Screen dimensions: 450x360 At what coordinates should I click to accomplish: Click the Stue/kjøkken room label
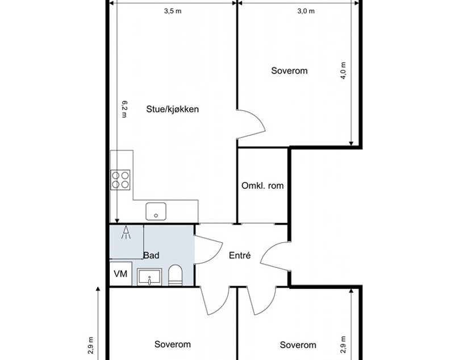pos(173,109)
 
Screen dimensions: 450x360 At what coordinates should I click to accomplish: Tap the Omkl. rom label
pos(262,185)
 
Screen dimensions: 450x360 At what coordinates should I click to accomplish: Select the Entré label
pos(240,255)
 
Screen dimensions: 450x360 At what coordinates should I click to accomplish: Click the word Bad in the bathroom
pos(151,255)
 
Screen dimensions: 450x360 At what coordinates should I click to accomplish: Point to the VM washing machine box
pos(120,274)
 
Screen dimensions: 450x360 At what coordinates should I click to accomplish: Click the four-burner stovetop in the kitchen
pos(120,180)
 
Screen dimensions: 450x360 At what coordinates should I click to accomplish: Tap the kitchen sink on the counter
pos(156,211)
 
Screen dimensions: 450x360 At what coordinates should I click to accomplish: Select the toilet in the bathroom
pos(175,275)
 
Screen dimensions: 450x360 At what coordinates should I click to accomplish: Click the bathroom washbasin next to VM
pos(149,277)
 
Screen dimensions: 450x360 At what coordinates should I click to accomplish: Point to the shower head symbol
pos(126,233)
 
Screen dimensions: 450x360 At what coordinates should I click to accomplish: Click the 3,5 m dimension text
pos(173,11)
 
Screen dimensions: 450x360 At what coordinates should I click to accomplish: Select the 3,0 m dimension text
pos(306,11)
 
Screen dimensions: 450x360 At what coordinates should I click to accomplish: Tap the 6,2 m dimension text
pos(124,109)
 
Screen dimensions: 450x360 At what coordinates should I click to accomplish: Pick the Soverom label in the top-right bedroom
pos(289,71)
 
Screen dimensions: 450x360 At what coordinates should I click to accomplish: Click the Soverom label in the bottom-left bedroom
pos(173,344)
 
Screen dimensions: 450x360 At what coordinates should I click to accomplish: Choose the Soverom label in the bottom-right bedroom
pos(298,345)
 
